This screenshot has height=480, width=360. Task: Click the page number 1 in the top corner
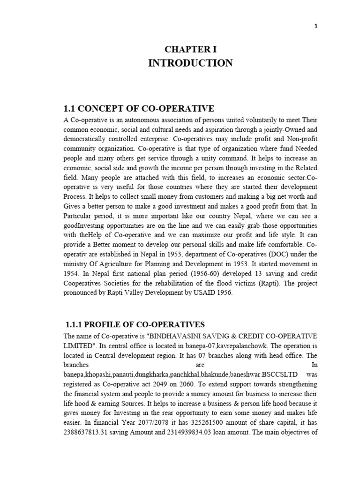[x=316, y=26]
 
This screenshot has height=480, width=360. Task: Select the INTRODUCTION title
[x=190, y=63]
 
